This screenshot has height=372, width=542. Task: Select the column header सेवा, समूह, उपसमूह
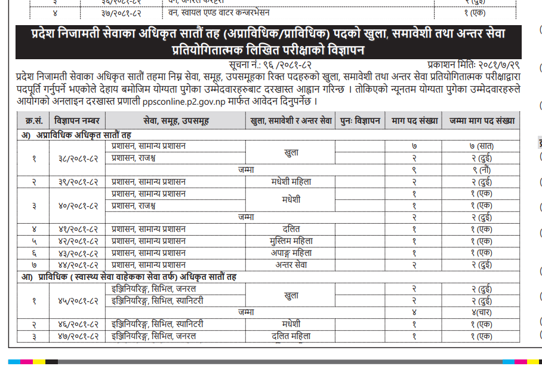click(176, 120)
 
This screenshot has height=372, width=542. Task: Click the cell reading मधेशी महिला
click(291, 181)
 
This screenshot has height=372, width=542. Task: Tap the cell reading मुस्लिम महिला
click(291, 240)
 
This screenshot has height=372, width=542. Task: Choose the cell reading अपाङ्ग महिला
click(291, 252)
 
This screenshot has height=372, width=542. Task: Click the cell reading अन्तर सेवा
click(291, 264)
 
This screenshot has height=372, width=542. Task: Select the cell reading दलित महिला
click(291, 336)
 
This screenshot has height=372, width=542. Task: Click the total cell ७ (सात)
click(481, 146)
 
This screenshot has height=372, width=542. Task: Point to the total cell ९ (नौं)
click(481, 169)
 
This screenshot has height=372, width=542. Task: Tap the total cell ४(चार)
click(481, 312)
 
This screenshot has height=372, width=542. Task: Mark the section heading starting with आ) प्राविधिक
click(129, 277)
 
